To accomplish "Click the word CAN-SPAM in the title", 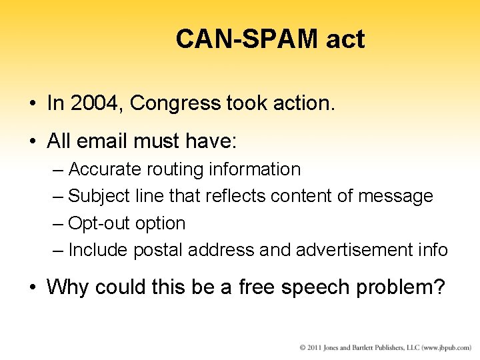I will pos(247,39).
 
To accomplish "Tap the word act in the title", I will pos(345,39).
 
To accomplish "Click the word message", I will pos(395,196).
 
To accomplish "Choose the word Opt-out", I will pos(99,223).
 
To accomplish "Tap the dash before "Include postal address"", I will pos(58,250).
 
